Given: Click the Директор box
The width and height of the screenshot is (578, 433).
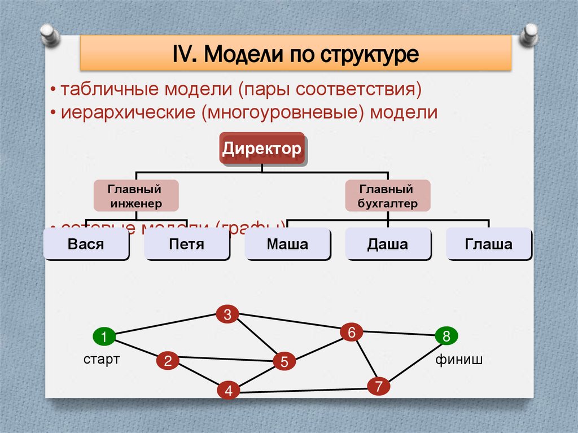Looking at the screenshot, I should [x=261, y=148].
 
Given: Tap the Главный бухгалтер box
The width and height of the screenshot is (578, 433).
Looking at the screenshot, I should [x=387, y=196].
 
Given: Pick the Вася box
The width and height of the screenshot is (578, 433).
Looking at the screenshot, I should [x=86, y=244].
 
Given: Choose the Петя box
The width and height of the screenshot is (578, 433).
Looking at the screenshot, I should [x=186, y=244].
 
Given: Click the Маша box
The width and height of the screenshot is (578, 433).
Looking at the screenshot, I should [x=287, y=244].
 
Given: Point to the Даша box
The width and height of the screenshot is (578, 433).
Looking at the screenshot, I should [x=388, y=244].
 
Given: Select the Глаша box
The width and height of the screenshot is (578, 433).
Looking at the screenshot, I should [x=489, y=244].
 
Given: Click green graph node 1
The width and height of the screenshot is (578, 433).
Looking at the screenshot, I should [x=104, y=337].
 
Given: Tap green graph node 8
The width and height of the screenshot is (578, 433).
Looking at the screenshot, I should [x=446, y=337].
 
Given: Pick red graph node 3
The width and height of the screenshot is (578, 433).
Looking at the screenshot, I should [x=227, y=315].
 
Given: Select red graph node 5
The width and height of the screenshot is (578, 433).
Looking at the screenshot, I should [x=284, y=361].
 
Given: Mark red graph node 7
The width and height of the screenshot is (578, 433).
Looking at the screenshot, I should [x=378, y=386].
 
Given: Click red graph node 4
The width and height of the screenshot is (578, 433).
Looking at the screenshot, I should [x=228, y=391].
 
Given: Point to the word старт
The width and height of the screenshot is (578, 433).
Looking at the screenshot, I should [x=102, y=360].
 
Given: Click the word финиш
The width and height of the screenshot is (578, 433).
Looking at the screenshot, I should [x=458, y=360].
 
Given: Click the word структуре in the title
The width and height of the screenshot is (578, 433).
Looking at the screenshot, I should [x=370, y=55].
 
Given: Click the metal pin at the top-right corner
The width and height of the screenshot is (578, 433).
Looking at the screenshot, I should [x=530, y=35].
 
